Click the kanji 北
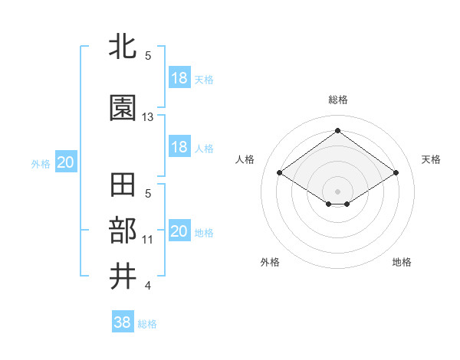pyautogui.click(x=123, y=47)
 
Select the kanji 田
pyautogui.click(x=123, y=186)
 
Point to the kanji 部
pyautogui.click(x=123, y=231)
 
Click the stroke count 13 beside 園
pyautogui.click(x=148, y=117)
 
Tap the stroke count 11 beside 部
pyautogui.click(x=148, y=240)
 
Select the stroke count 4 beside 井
pyautogui.click(x=148, y=286)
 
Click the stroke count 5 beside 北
pyautogui.click(x=148, y=56)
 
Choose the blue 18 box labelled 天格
pyautogui.click(x=179, y=78)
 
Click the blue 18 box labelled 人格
pyautogui.click(x=179, y=147)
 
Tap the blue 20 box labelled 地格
pyautogui.click(x=179, y=231)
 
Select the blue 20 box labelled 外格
pyautogui.click(x=66, y=162)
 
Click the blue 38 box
pyautogui.click(x=123, y=322)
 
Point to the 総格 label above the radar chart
pyautogui.click(x=337, y=100)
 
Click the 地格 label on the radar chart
pyautogui.click(x=402, y=262)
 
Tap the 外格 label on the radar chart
pyautogui.click(x=270, y=262)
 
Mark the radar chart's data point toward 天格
pyautogui.click(x=396, y=173)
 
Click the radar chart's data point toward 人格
pyautogui.click(x=280, y=173)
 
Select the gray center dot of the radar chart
pyautogui.click(x=337, y=191)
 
